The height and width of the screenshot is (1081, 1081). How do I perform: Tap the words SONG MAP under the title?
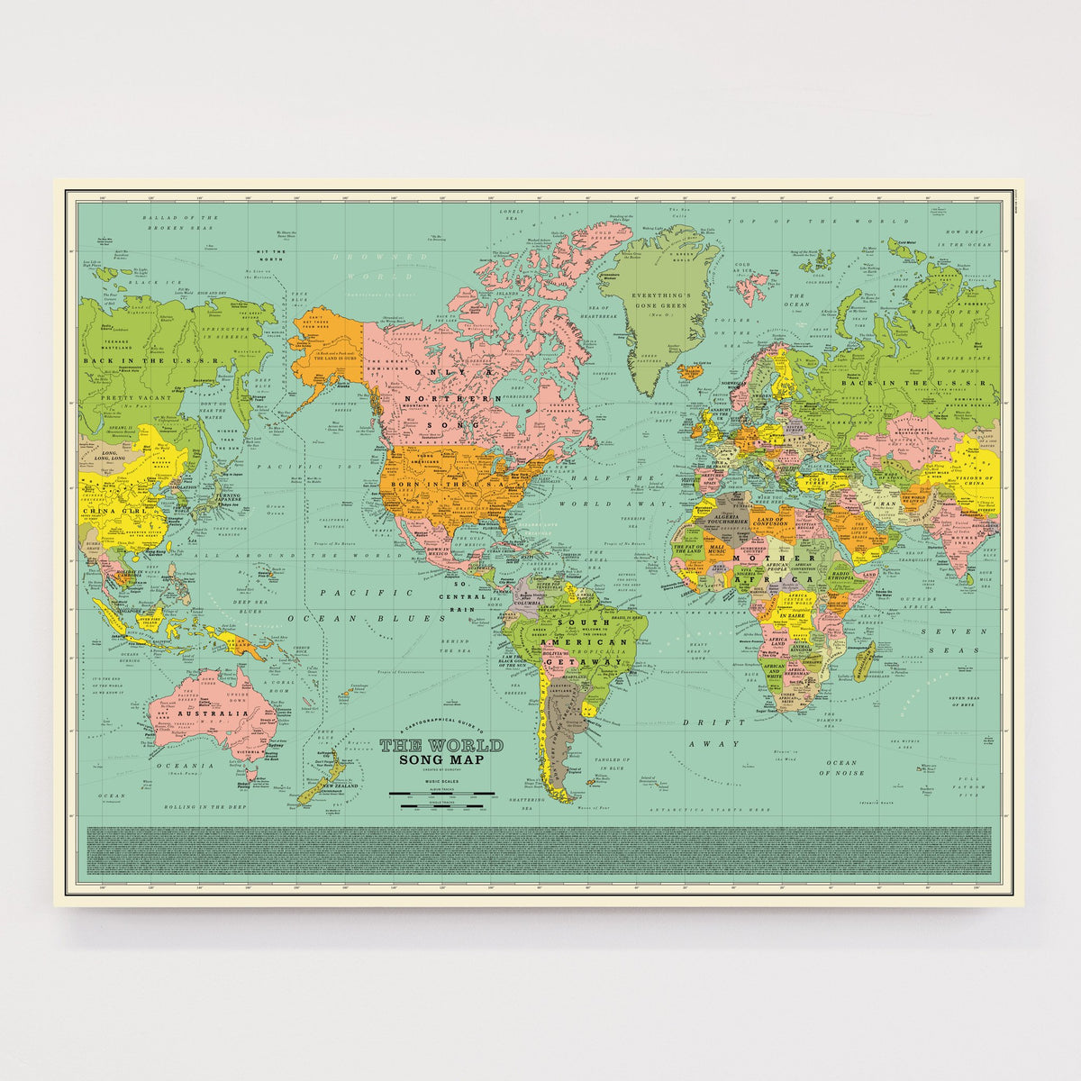441,760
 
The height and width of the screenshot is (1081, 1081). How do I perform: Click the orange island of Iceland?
692,370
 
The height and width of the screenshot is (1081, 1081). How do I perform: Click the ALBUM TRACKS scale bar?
441,794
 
